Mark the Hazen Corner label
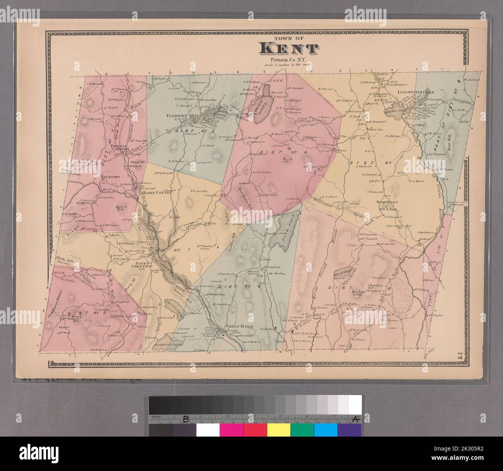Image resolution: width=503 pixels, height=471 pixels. tap(155, 192)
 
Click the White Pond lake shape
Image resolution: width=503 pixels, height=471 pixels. tap(265, 103)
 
